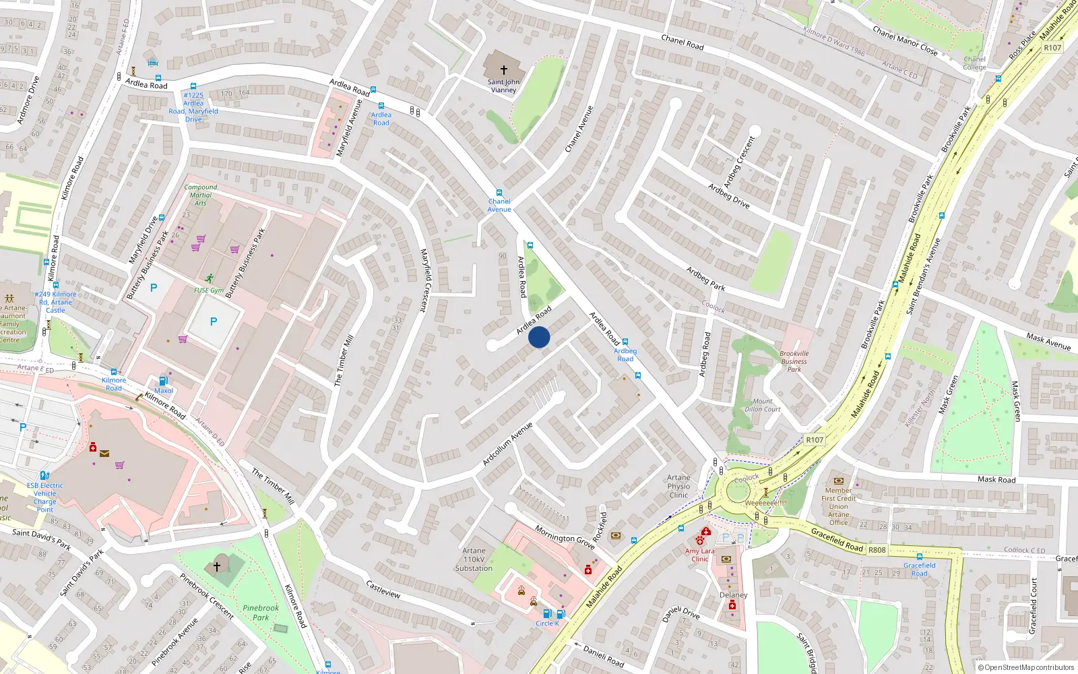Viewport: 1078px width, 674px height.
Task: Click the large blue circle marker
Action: pos(539,337)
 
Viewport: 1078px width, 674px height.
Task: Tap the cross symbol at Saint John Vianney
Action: pos(503,69)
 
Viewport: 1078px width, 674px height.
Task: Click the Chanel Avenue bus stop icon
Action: pos(499,193)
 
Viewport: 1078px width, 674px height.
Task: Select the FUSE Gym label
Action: pos(208,290)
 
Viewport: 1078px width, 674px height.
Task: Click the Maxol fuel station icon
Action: pos(163,381)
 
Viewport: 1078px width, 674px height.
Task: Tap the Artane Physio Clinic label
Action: pos(678,486)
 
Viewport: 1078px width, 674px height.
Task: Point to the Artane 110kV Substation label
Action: pos(474,559)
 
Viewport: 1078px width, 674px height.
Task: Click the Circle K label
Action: pos(547,623)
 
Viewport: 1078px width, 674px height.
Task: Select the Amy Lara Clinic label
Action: pos(699,555)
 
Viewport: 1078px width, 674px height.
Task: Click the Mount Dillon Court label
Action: pos(763,405)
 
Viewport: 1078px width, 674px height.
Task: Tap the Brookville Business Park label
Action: pos(794,361)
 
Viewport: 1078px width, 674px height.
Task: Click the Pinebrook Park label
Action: pos(261,612)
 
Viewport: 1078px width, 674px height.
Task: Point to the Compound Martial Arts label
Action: pos(201,195)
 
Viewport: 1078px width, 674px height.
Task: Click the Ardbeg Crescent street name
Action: pos(739,162)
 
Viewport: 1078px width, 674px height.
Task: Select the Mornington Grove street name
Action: pos(565,537)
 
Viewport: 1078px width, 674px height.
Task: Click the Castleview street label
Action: pos(383,589)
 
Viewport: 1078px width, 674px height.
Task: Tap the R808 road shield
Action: pos(877,550)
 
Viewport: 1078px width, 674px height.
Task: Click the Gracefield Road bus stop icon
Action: pos(920,557)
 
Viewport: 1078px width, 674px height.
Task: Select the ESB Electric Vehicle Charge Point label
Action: pos(45,497)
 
